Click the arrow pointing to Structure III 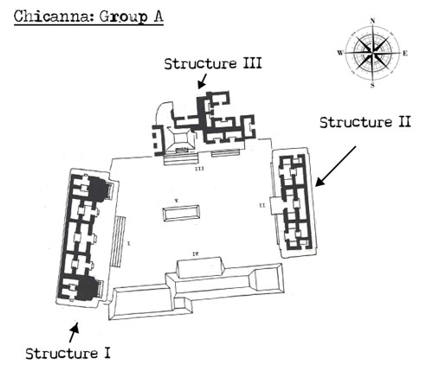[201, 81]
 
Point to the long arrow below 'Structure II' [335, 165]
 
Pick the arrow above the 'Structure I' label [75, 330]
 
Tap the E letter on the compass [405, 53]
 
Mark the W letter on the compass [340, 53]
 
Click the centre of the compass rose [373, 52]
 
